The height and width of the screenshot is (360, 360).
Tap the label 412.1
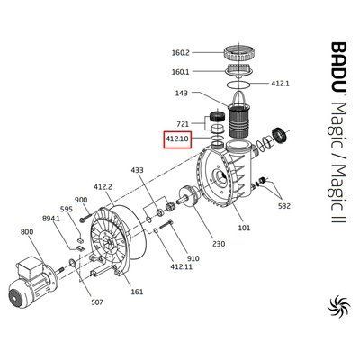[280, 84]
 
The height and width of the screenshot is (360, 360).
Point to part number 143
[182, 94]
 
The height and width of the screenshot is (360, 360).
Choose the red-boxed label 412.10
[177, 139]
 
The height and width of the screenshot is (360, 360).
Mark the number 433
[137, 170]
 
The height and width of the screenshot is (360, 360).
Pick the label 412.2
[103, 187]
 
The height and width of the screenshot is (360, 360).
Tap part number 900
[81, 200]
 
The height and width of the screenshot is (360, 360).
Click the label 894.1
[51, 219]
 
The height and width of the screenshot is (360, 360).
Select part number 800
[27, 232]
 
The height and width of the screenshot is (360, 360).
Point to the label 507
[96, 301]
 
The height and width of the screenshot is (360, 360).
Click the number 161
[137, 292]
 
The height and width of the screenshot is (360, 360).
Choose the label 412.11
[181, 265]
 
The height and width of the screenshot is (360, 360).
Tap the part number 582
[284, 206]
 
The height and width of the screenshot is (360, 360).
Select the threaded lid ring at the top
[240, 53]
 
